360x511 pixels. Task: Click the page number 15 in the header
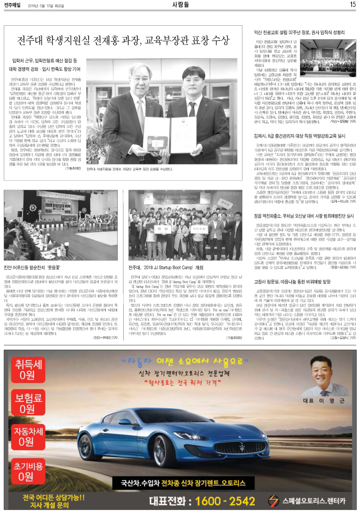[x=353, y=5]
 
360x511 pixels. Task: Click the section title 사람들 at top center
[x=180, y=5]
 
